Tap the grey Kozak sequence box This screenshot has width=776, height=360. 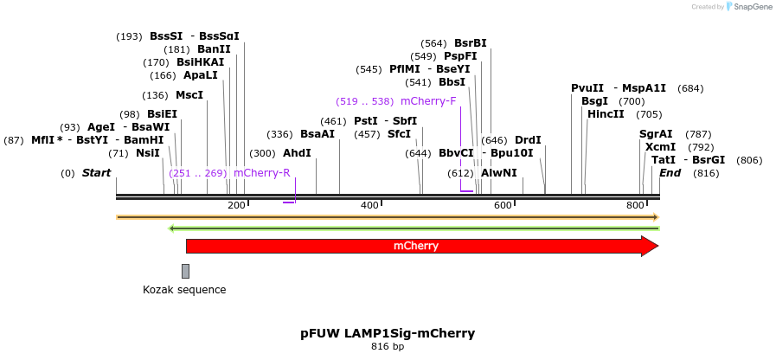pyautogui.click(x=185, y=271)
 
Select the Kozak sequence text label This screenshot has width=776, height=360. pyautogui.click(x=184, y=290)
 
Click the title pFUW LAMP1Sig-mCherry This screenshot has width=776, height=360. pyautogui.click(x=388, y=333)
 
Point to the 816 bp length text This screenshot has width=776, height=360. pyautogui.click(x=388, y=347)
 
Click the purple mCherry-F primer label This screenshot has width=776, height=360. pyautogui.click(x=428, y=101)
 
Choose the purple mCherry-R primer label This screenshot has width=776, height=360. pyautogui.click(x=262, y=173)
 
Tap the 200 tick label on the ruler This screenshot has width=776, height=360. pyautogui.click(x=236, y=205)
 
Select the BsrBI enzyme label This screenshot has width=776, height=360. pyautogui.click(x=471, y=43)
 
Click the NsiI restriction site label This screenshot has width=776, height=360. pyautogui.click(x=148, y=153)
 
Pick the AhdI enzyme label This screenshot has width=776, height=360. pyautogui.click(x=297, y=153)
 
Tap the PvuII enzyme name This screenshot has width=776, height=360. pyautogui.click(x=587, y=88)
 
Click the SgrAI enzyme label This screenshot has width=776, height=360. pyautogui.click(x=656, y=134)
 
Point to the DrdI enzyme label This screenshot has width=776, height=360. pyautogui.click(x=528, y=140)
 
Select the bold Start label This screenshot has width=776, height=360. pyautogui.click(x=96, y=173)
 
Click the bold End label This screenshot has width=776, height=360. pyautogui.click(x=670, y=173)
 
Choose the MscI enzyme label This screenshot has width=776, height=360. pyautogui.click(x=189, y=95)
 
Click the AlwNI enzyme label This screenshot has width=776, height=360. pyautogui.click(x=499, y=173)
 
